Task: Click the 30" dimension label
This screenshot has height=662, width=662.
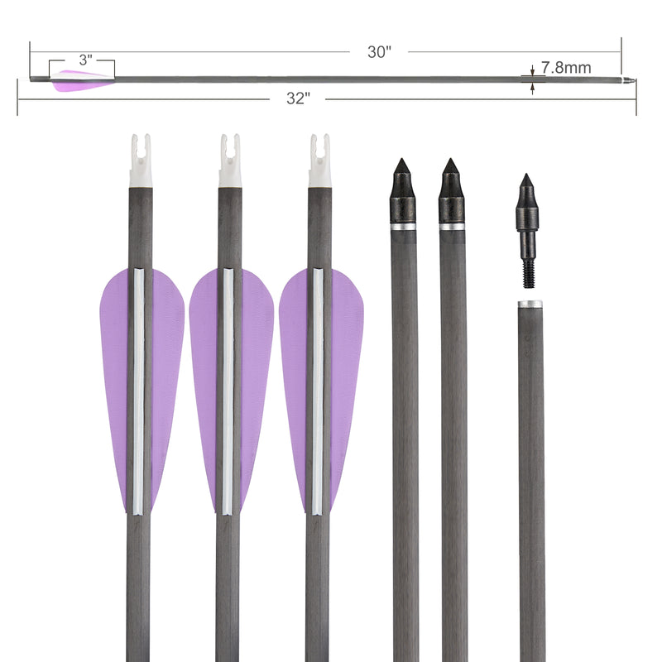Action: (x=379, y=51)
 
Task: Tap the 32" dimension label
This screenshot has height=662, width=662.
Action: (x=298, y=98)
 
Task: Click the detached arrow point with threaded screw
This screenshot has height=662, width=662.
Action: (x=526, y=215)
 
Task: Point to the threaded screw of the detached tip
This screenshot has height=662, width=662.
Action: (x=527, y=265)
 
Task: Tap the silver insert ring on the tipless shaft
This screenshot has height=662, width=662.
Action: (x=530, y=305)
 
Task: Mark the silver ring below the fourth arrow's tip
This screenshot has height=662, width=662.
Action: (x=403, y=226)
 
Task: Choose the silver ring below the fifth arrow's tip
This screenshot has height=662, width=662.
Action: (x=452, y=226)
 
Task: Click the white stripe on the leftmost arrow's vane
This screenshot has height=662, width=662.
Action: (x=138, y=389)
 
